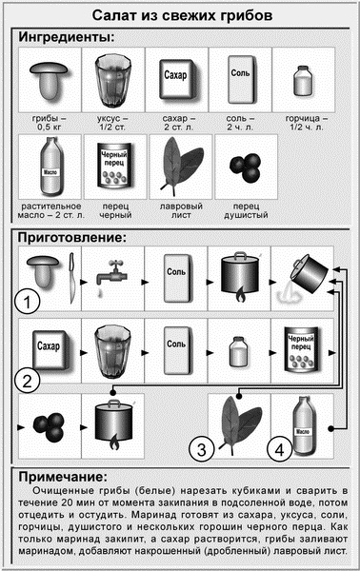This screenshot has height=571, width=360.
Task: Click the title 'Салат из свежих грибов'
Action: click(180, 16)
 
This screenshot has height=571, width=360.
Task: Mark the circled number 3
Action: click(203, 447)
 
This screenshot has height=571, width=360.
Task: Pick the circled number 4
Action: click(278, 447)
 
